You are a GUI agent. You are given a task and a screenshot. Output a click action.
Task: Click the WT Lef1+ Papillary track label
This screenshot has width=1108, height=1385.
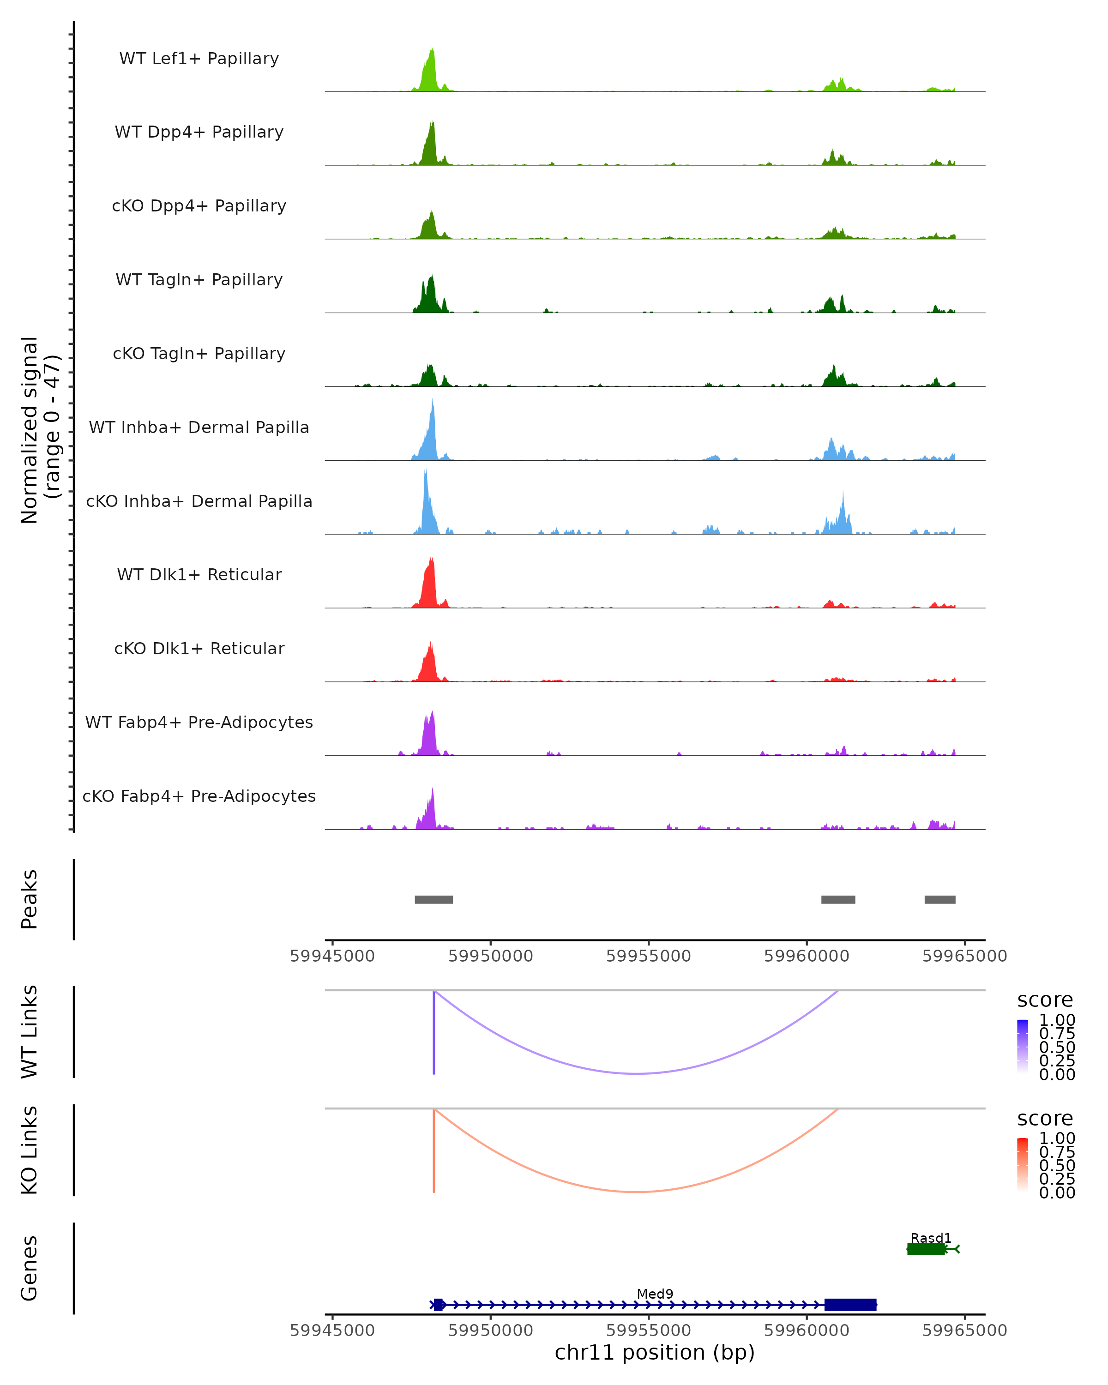click(x=199, y=59)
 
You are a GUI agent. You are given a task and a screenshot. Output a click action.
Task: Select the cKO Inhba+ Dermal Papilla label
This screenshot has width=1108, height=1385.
click(x=199, y=501)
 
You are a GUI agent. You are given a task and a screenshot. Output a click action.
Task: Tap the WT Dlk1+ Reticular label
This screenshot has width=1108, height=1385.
click(x=199, y=574)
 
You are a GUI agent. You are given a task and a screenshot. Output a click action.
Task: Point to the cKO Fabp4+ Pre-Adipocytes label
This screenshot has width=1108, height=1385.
click(x=199, y=796)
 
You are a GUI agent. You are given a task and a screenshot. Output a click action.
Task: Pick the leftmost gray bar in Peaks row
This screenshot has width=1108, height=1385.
click(x=434, y=899)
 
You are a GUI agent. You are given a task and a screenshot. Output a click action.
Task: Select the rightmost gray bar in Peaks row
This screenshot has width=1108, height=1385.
click(x=939, y=899)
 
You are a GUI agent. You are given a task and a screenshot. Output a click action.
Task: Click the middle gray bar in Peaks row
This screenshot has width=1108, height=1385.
click(x=838, y=899)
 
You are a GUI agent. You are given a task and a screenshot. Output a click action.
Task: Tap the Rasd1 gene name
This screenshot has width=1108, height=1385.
click(x=931, y=1238)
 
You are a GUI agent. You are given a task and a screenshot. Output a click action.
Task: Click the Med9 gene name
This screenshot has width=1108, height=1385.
click(x=655, y=1294)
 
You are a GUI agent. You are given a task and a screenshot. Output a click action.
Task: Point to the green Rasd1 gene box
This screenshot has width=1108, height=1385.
click(x=926, y=1249)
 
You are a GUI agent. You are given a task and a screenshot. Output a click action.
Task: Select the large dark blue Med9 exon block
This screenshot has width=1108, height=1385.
click(x=850, y=1305)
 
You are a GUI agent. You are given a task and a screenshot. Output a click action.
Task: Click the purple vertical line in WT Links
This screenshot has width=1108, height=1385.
click(x=434, y=1034)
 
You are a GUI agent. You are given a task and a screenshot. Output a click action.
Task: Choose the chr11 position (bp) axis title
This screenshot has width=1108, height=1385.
click(x=655, y=1352)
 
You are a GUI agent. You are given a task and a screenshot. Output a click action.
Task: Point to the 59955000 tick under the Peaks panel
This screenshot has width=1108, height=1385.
click(x=649, y=956)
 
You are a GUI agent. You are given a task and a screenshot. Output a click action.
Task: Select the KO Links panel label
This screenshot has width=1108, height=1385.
click(x=30, y=1150)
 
